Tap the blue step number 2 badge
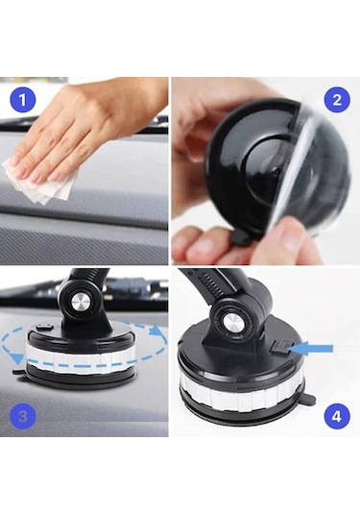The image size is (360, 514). coord(336,98)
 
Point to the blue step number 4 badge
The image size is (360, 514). coord(336,417)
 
